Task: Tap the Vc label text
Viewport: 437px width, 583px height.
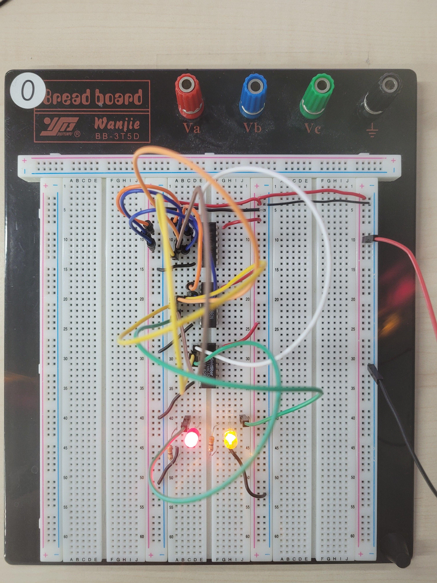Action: [x=313, y=128]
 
